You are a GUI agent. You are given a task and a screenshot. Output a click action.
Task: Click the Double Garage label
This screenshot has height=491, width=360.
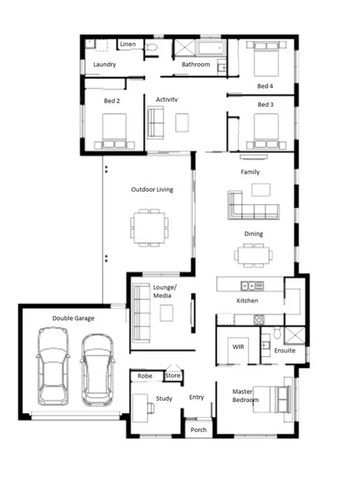pyautogui.click(x=73, y=318)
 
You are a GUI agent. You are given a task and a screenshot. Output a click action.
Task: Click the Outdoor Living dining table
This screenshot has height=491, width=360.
pyautogui.click(x=150, y=228)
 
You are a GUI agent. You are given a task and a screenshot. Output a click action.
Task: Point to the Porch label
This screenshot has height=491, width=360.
pyautogui.click(x=199, y=429)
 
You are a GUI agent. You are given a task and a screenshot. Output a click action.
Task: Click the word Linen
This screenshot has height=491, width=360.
pyautogui.click(x=128, y=45)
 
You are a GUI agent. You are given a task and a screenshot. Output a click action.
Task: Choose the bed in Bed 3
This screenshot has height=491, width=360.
pyautogui.click(x=271, y=132)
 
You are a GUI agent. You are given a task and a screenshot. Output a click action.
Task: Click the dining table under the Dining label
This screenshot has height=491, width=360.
pyautogui.click(x=253, y=255)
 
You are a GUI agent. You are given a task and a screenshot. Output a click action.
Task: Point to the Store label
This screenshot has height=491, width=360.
pyautogui.click(x=174, y=374)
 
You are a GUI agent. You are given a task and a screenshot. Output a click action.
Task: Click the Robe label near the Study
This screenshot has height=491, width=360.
pyautogui.click(x=146, y=375)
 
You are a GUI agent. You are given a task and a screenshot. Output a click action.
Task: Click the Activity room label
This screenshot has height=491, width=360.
pyautogui.click(x=166, y=99)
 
